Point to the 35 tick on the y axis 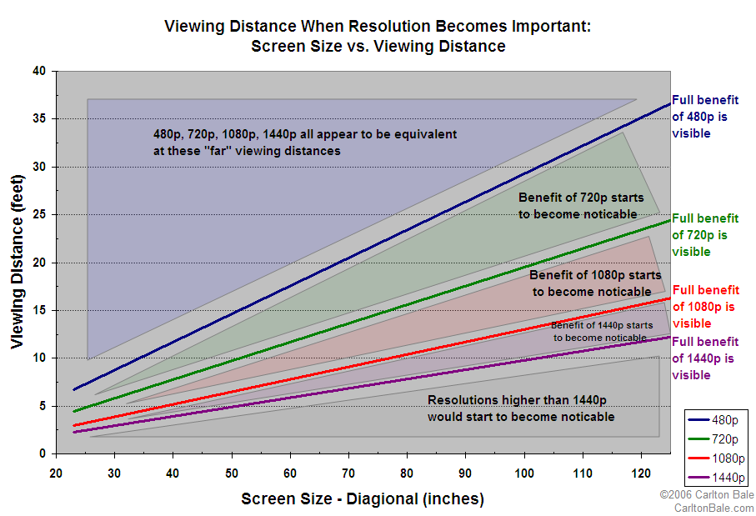(38, 119)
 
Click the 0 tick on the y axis (42, 453)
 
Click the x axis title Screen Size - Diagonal (362, 499)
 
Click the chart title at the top (378, 36)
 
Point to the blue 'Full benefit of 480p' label (704, 117)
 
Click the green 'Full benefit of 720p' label (704, 235)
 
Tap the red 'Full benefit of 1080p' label (704, 307)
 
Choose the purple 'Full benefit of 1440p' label (704, 358)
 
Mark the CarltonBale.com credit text (713, 508)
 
